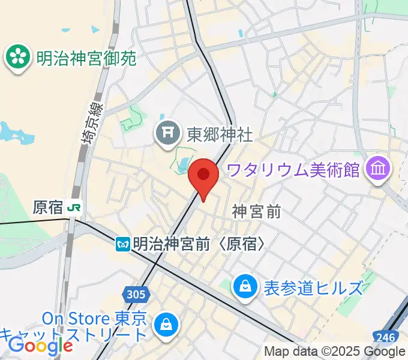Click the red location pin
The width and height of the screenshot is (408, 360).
203,176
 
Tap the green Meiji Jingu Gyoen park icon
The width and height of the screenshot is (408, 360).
18,58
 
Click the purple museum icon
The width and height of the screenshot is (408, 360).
379,169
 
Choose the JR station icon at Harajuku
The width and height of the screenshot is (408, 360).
75,208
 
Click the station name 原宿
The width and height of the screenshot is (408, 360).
48,208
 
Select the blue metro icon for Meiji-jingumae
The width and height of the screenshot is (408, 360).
124,244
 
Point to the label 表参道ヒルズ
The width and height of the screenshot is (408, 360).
313,288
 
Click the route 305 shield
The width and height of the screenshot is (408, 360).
136,294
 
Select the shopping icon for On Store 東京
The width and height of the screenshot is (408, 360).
163,325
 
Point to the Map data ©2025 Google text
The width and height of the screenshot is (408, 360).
334,352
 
